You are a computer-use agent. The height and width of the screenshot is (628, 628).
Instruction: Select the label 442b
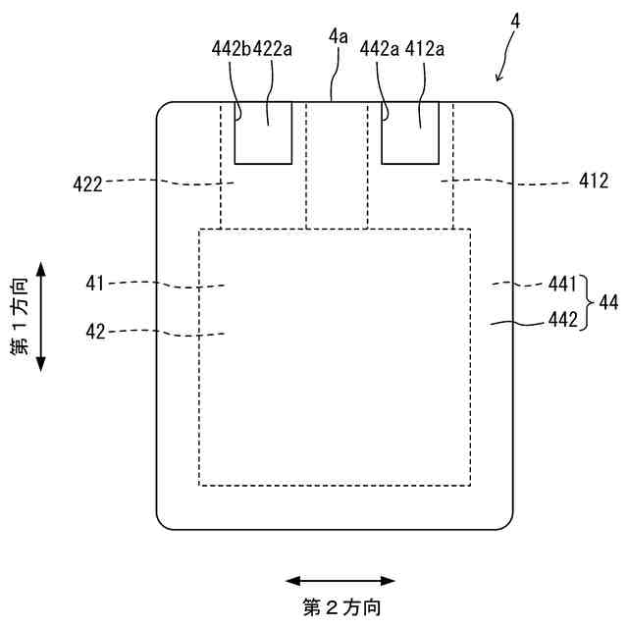coord(232,48)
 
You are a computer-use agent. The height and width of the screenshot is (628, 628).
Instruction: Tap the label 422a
coord(273,48)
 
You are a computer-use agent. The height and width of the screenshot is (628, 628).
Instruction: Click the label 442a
coord(380,48)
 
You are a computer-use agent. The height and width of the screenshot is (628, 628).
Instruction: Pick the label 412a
coord(421,48)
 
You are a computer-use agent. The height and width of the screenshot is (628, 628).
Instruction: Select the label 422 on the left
coord(88,182)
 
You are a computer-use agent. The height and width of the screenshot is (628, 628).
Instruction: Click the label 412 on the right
coord(593,181)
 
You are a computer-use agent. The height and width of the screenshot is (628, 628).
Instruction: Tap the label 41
coord(95,284)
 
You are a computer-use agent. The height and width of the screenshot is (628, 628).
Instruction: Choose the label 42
coord(95,332)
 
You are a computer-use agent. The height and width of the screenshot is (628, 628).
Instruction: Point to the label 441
coord(562,284)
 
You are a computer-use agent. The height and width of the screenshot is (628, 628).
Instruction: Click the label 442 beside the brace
coord(562,319)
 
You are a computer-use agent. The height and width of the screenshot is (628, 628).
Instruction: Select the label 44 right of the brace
coord(608,303)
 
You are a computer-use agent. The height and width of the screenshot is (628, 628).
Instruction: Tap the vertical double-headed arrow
coord(40,316)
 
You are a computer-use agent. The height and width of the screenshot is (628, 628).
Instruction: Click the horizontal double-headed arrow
coord(340,581)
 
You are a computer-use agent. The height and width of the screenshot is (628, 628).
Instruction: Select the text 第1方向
coord(20,316)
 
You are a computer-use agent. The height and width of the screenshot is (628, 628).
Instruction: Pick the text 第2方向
coord(340,607)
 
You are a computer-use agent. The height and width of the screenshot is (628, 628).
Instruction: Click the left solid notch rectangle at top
coord(262,131)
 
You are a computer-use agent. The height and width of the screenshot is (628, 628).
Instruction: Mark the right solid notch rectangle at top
coord(409,131)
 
